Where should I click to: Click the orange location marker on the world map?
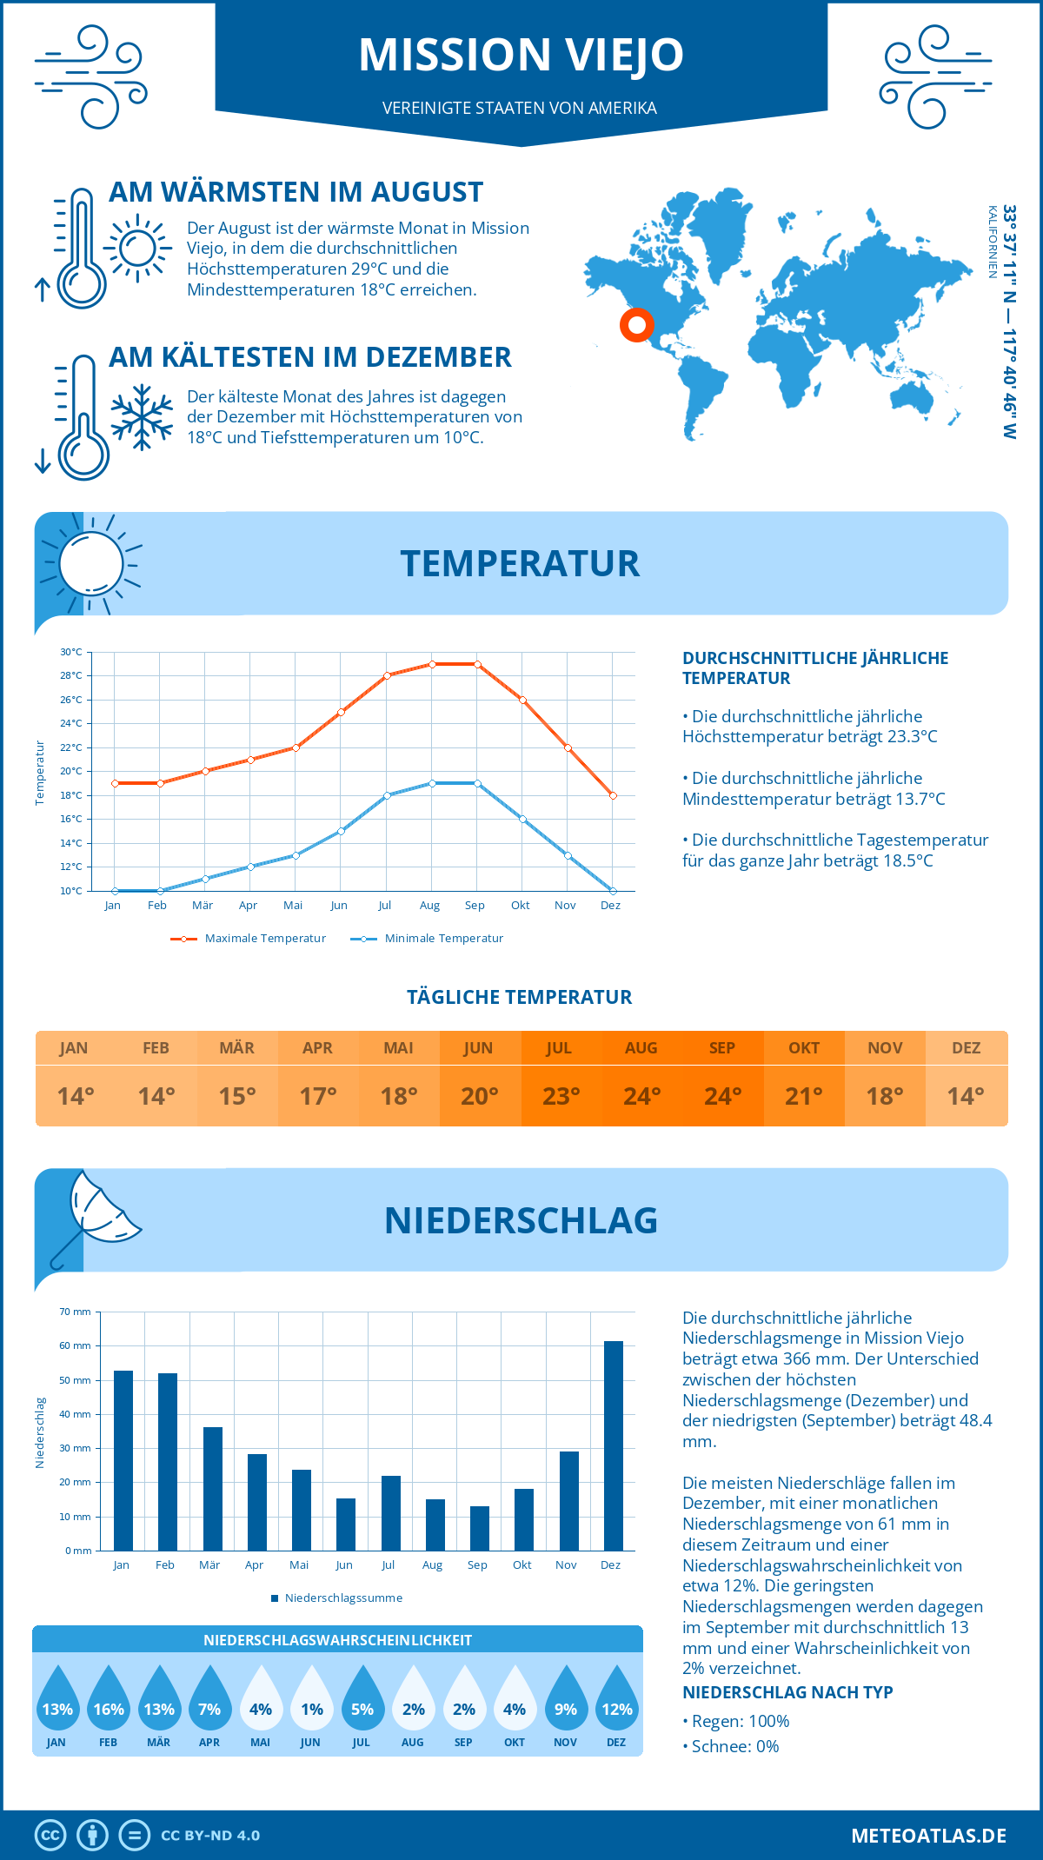[637, 325]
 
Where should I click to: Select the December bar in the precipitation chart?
[614, 1445]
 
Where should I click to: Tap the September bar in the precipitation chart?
[480, 1528]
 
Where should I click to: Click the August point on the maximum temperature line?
[432, 664]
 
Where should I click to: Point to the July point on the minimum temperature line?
[387, 795]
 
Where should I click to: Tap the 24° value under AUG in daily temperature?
[641, 1096]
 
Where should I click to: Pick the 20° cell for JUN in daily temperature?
[479, 1096]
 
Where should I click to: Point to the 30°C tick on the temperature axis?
[71, 652]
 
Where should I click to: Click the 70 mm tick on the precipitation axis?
[76, 1312]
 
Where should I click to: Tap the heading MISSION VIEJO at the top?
[521, 55]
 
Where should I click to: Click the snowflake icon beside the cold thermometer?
[142, 417]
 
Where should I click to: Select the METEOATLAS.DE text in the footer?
[928, 1836]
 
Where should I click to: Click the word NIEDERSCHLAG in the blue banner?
[521, 1220]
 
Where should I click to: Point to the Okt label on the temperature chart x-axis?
[520, 906]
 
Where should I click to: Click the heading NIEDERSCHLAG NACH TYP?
[787, 1692]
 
